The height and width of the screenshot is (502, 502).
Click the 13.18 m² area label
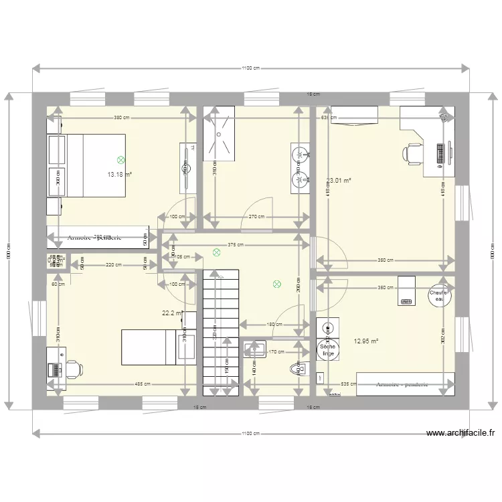(119, 175)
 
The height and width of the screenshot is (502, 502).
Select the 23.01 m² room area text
(339, 179)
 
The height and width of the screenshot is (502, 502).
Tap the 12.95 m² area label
(365, 341)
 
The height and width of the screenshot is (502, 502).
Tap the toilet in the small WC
(297, 367)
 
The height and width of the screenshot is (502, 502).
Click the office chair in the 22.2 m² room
(72, 367)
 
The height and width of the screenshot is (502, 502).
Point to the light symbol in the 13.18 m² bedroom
(120, 160)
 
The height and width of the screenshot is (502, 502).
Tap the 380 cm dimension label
(121, 118)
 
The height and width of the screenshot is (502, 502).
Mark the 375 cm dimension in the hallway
(235, 244)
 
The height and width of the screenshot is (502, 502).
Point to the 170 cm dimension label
(276, 351)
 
